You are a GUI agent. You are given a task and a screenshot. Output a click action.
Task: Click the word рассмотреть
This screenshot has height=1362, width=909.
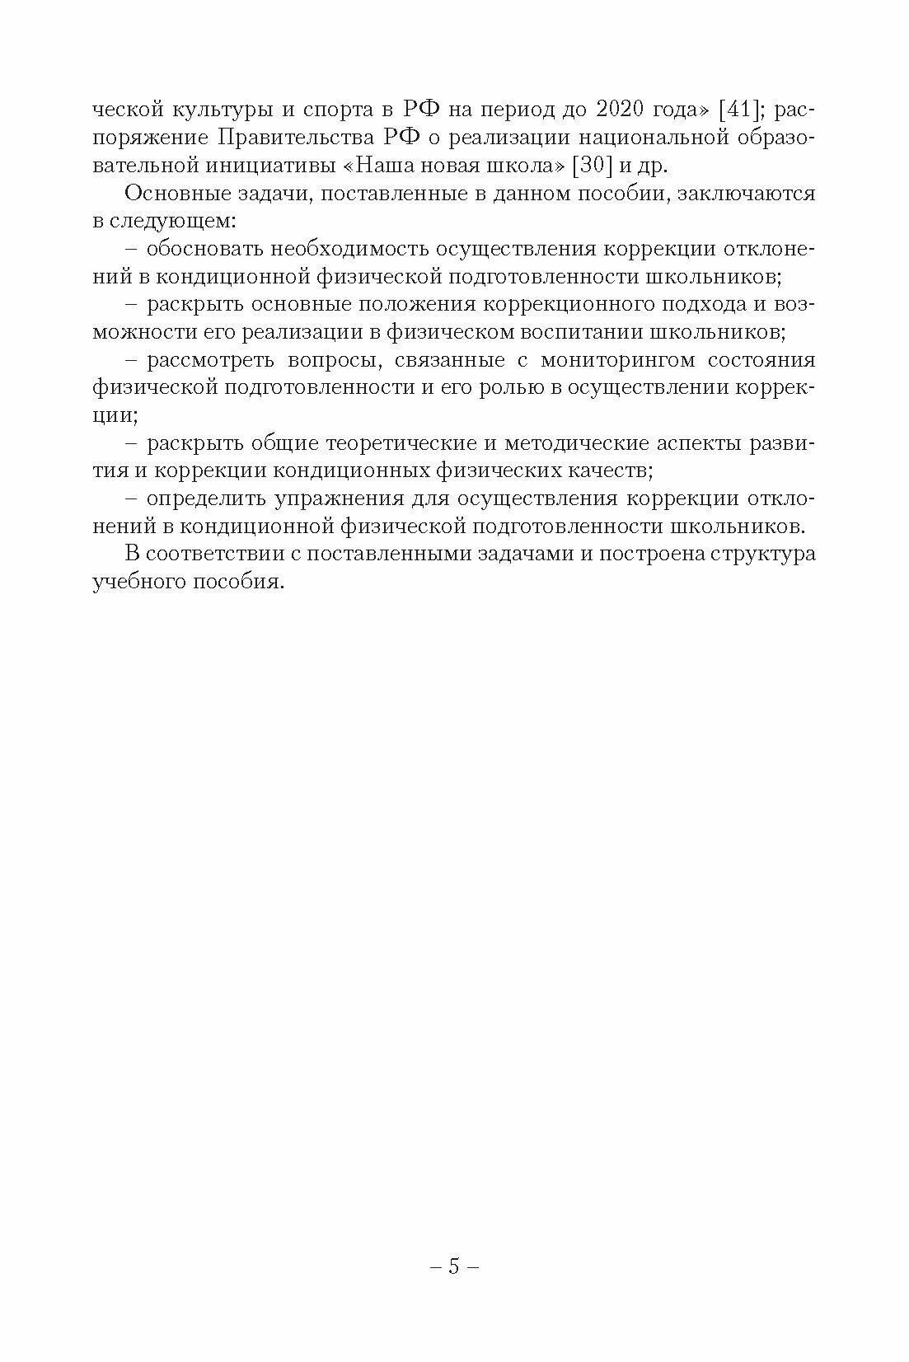tap(212, 360)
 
